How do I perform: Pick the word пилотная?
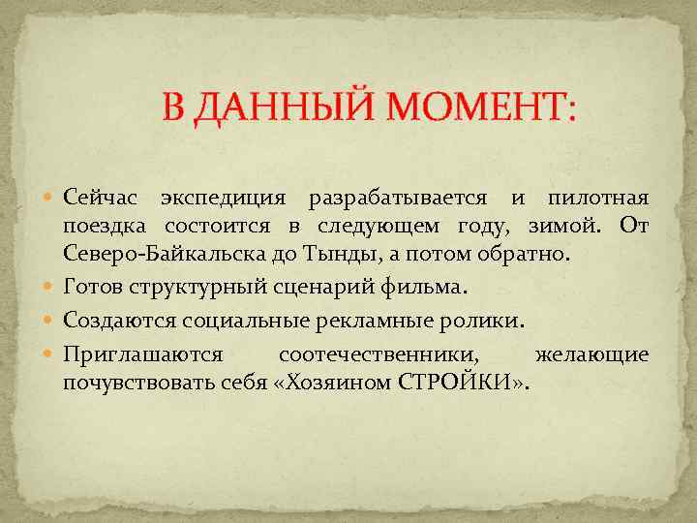click(x=597, y=199)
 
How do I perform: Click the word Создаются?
click(x=117, y=320)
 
